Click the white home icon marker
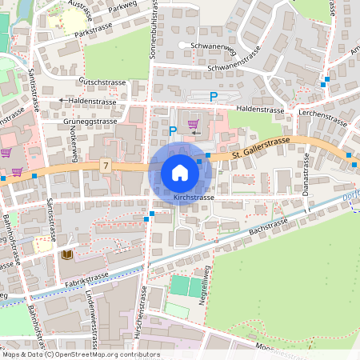coord(180,173)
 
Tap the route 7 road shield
coord(106,166)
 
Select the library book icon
coord(67,254)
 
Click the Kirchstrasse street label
coord(194,197)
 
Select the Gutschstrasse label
coord(104,82)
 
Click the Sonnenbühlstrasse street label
coord(155,32)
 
